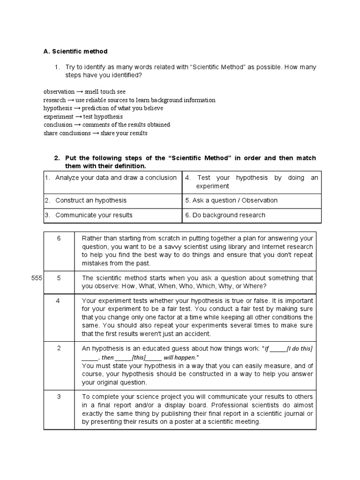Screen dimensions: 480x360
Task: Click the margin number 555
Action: [x=36, y=278]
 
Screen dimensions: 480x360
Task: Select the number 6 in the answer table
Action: [x=59, y=238]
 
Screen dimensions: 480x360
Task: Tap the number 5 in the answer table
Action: [x=59, y=278]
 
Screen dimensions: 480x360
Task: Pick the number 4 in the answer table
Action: [x=58, y=300]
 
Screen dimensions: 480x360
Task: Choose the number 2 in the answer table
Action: [x=59, y=348]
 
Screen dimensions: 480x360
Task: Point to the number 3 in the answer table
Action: [x=59, y=397]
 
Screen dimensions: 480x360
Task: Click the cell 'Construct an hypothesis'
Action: [x=91, y=200]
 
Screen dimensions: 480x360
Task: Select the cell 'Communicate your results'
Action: [x=94, y=215]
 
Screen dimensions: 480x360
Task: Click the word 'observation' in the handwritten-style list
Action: [x=59, y=92]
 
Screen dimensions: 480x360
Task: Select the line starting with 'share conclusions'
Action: [x=96, y=133]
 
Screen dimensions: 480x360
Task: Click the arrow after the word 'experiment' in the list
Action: [x=78, y=117]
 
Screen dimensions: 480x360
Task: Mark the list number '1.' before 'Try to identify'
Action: [x=58, y=67]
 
